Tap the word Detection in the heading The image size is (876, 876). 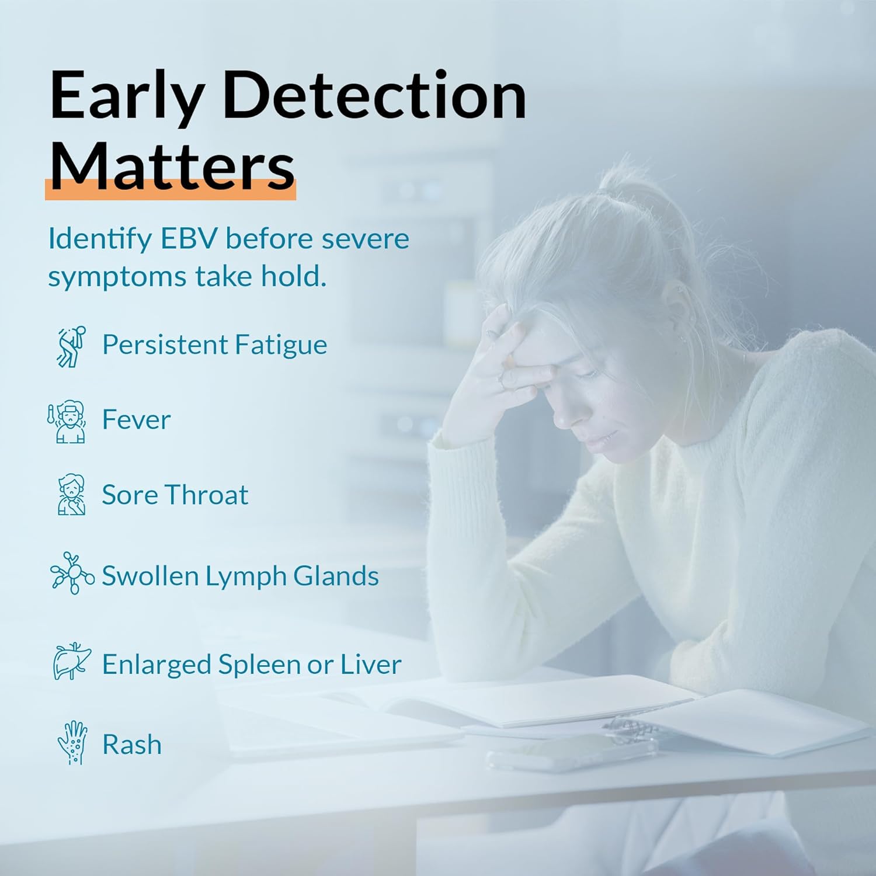click(374, 95)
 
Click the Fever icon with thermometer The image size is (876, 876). click(67, 422)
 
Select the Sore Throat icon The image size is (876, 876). click(71, 495)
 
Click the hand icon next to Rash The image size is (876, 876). click(72, 743)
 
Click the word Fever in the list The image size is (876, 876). click(136, 419)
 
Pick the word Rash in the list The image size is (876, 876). click(132, 745)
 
